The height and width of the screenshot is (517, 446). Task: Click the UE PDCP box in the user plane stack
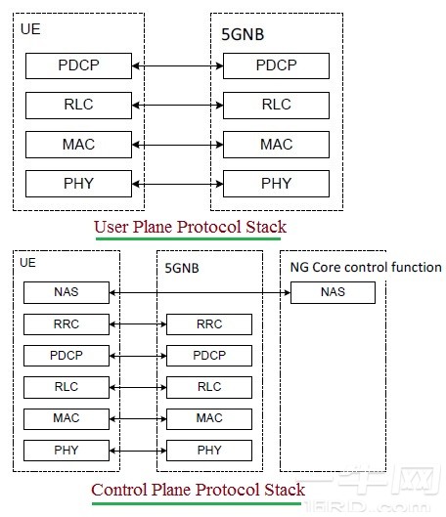point(79,66)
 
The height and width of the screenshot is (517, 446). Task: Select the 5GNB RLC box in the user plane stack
point(276,105)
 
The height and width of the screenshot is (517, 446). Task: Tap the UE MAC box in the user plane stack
point(79,144)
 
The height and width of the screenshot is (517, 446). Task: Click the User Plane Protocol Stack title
point(186,228)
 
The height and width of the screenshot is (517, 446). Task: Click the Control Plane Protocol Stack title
point(197,489)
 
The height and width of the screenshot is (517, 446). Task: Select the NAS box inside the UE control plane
point(67,292)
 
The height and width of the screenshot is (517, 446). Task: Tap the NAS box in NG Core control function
point(332,292)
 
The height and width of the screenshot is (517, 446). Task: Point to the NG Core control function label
point(365,267)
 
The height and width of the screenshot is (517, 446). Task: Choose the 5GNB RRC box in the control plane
point(209,324)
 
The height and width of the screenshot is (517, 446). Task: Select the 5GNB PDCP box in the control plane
point(209,356)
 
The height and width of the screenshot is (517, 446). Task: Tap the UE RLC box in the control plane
point(67,387)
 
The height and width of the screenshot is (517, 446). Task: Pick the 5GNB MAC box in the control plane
point(209,418)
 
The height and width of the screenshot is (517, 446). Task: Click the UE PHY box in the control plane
point(67,450)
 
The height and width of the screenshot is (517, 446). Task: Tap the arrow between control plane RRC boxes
point(138,324)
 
